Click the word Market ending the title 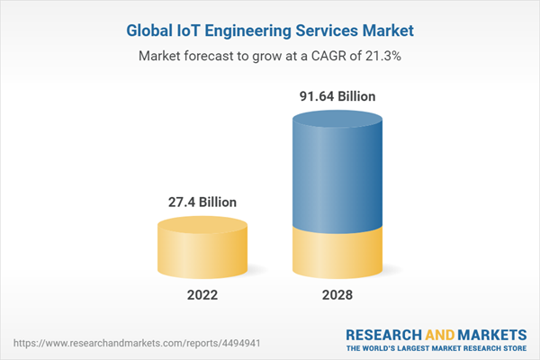[x=383, y=31]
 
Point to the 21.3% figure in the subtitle [x=382, y=56]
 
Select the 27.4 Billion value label [x=202, y=202]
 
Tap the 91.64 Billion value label [x=337, y=95]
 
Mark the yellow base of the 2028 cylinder [x=337, y=252]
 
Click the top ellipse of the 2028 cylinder [x=337, y=119]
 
